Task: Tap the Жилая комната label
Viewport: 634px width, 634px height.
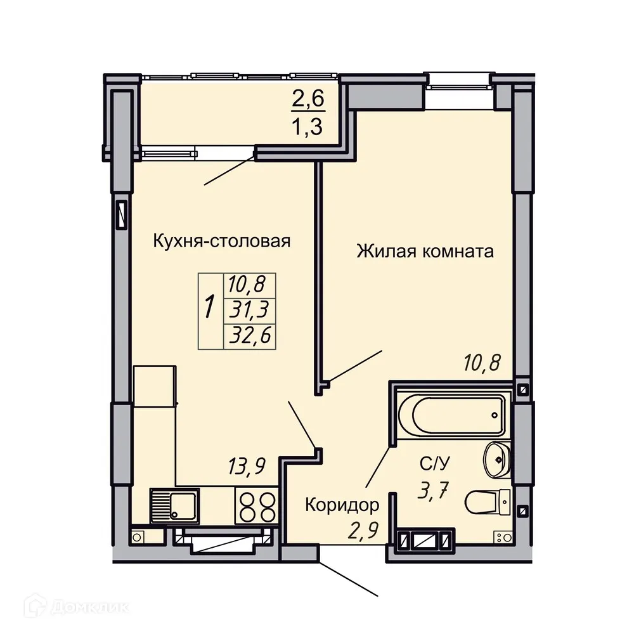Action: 425,252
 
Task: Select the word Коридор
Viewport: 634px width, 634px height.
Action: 342,505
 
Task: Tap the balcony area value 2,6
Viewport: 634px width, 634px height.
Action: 307,100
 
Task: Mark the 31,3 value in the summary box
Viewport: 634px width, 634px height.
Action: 249,310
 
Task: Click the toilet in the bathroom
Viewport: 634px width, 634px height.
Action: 488,503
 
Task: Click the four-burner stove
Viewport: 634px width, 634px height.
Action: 257,506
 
